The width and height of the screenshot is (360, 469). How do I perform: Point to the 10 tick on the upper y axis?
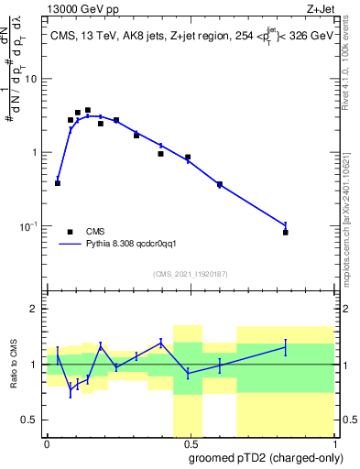point(34,79)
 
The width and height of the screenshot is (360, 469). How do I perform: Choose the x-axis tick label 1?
point(333,442)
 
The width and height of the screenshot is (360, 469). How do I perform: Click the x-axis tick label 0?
point(47,442)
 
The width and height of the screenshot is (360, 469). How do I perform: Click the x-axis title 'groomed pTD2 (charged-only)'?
point(266,457)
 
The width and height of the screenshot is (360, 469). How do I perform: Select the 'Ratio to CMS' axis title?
point(15,364)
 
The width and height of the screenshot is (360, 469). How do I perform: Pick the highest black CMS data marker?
point(88,110)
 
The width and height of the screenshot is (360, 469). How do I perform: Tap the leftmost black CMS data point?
point(58,183)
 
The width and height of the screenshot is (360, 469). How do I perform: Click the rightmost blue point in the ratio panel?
point(286,347)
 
